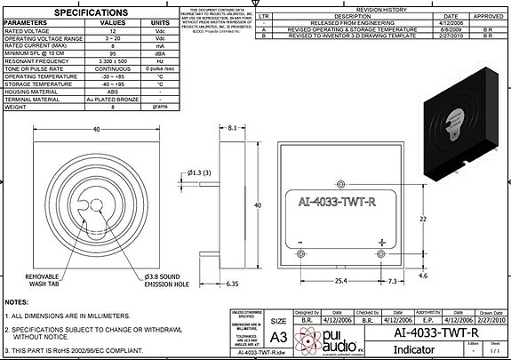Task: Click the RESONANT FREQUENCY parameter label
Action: coord(48,61)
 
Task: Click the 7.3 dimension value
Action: coord(393,281)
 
